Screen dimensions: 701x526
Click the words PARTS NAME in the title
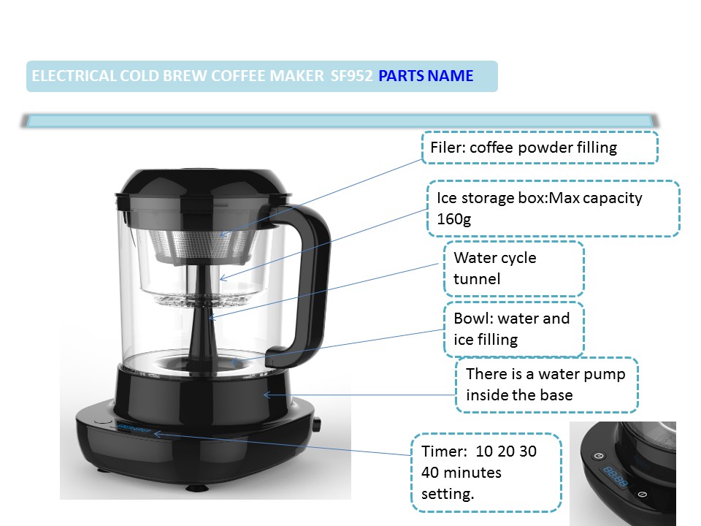point(426,76)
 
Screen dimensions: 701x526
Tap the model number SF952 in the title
point(351,76)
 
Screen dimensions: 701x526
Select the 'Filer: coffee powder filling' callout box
point(540,148)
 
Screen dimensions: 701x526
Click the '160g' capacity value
point(453,219)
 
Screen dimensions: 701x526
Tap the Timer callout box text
point(479,473)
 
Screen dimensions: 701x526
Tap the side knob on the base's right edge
point(317,424)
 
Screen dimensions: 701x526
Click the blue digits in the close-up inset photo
point(616,476)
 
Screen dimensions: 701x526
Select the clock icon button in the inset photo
point(600,456)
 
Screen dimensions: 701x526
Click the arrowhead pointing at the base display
point(158,433)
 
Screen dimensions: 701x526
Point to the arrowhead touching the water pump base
point(267,395)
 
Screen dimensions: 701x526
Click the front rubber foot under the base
point(196,487)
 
